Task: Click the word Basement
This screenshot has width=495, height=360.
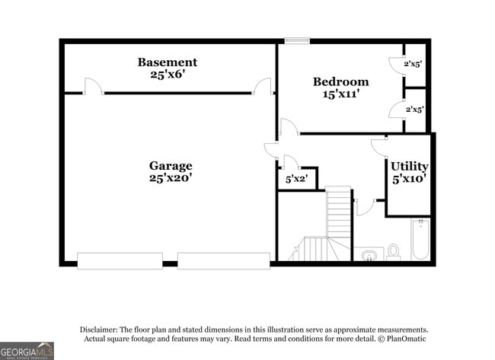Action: click(x=167, y=62)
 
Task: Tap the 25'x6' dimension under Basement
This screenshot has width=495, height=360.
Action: click(x=167, y=75)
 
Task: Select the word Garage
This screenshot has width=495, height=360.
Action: click(x=170, y=165)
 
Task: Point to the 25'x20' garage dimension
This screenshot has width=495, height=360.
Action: click(x=170, y=178)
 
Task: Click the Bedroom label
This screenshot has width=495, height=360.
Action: click(x=340, y=81)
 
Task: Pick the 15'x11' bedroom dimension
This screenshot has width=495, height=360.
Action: click(x=340, y=94)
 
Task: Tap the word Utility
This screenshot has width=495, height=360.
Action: click(x=409, y=166)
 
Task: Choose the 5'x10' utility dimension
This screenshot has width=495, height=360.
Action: click(x=409, y=179)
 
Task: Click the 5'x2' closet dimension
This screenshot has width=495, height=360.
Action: click(x=295, y=180)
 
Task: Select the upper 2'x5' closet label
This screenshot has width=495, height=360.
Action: click(x=413, y=64)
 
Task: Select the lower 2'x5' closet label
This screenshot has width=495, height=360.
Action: click(x=414, y=109)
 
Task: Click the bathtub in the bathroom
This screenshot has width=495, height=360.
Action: click(x=420, y=239)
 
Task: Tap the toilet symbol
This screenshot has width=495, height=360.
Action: click(x=394, y=250)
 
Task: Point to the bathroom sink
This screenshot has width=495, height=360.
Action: click(x=369, y=253)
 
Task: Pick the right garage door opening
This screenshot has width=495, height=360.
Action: click(x=223, y=260)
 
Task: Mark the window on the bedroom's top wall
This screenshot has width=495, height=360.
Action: click(x=296, y=40)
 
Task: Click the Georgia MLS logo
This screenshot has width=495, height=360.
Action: click(x=27, y=350)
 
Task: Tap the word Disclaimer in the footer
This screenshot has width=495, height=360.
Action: click(x=102, y=329)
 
